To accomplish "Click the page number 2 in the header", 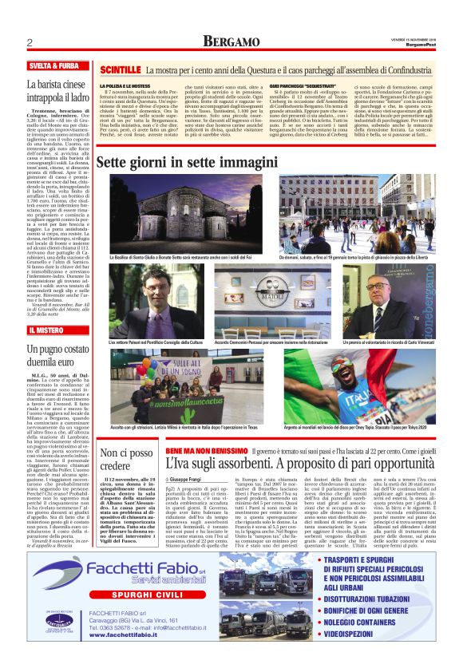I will tap(29, 42).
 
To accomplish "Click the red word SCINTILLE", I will tap(121, 71).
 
